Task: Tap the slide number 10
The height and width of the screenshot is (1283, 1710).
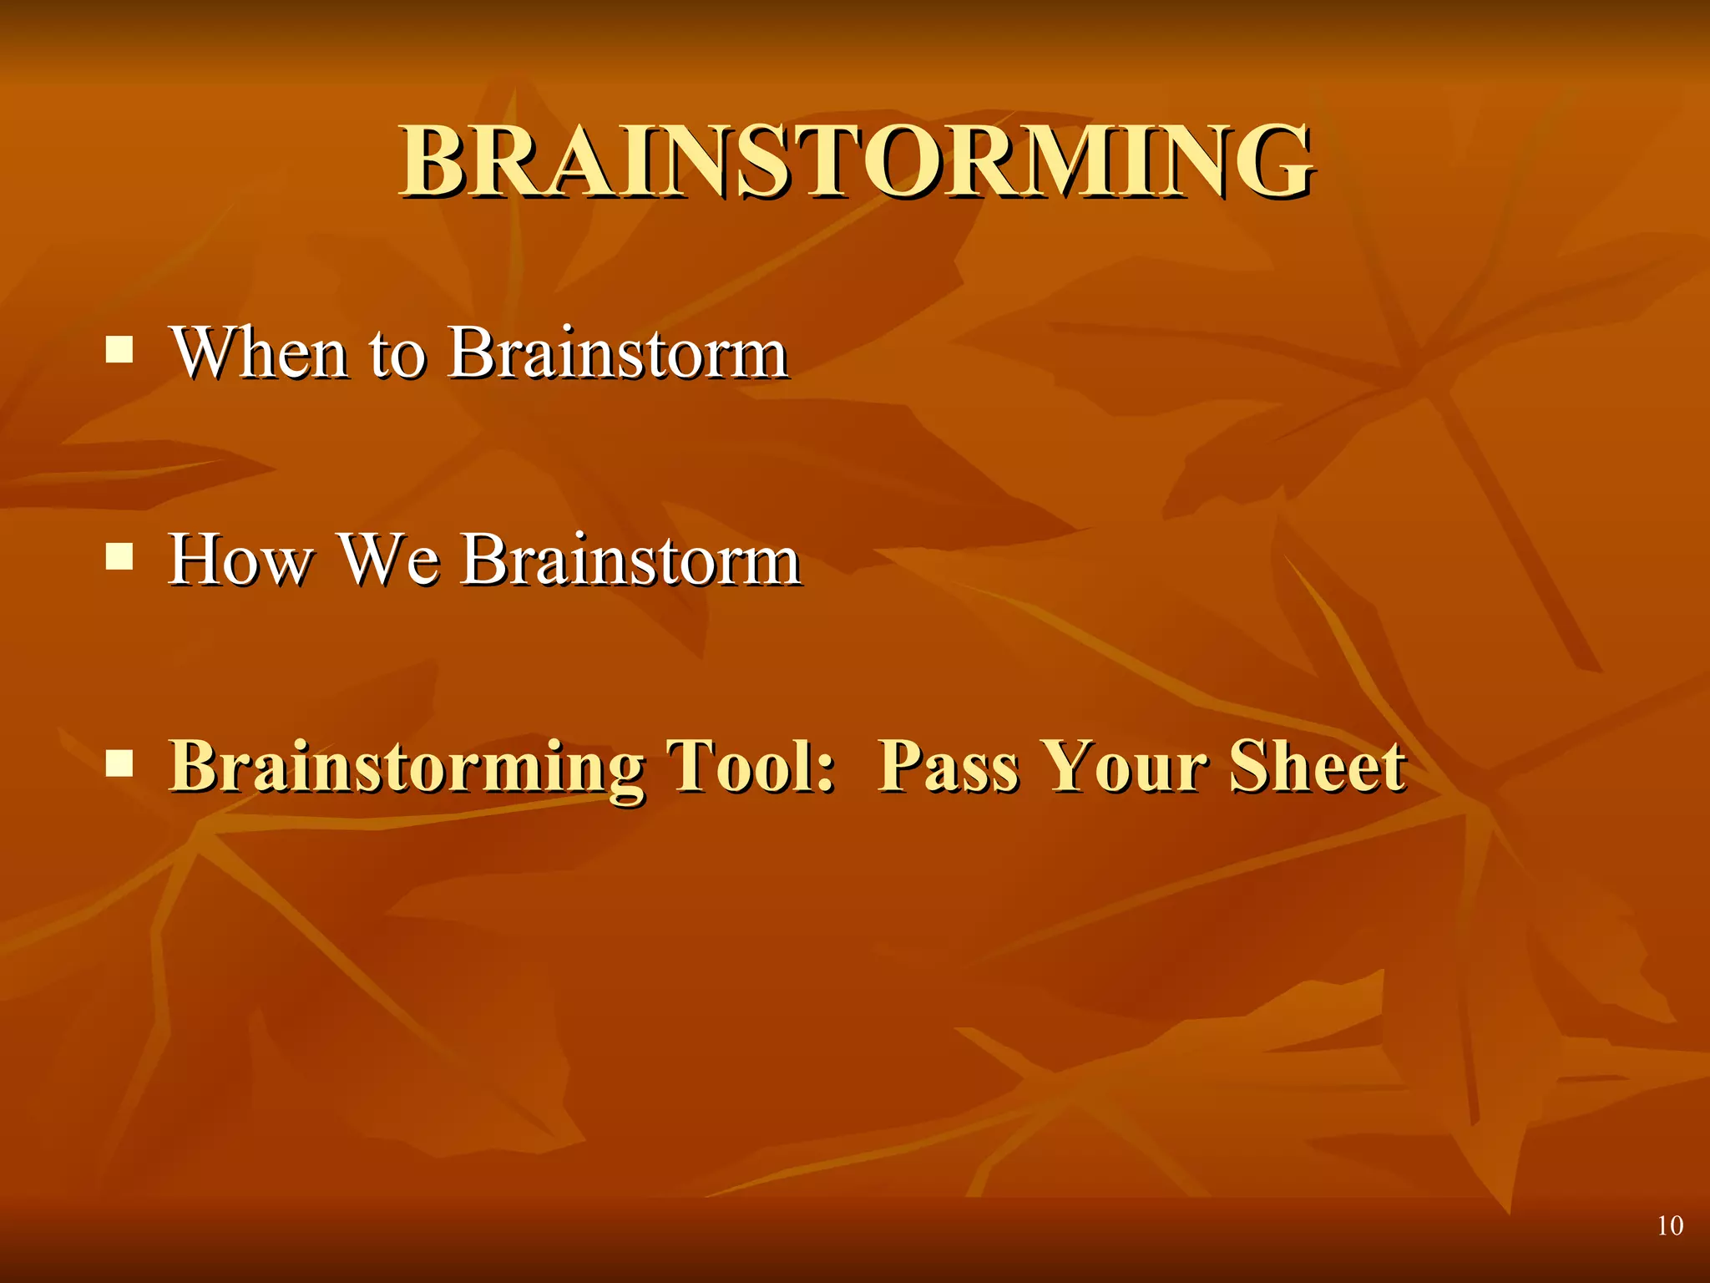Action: pos(1669,1225)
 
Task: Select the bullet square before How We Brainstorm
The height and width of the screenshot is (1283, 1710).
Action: pos(119,556)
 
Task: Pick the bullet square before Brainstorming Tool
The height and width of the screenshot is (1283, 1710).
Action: pos(119,763)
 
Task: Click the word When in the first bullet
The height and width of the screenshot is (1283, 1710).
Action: pos(258,352)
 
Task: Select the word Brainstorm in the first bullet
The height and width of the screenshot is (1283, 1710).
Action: pos(618,352)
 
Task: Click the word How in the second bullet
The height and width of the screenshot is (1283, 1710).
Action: pos(240,560)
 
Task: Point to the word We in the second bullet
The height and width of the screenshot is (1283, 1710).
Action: pos(389,560)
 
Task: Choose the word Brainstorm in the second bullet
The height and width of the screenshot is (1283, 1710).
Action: pos(630,560)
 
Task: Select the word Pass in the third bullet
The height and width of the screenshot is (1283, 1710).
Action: pos(948,766)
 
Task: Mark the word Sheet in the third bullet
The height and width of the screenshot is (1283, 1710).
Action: pos(1317,766)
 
